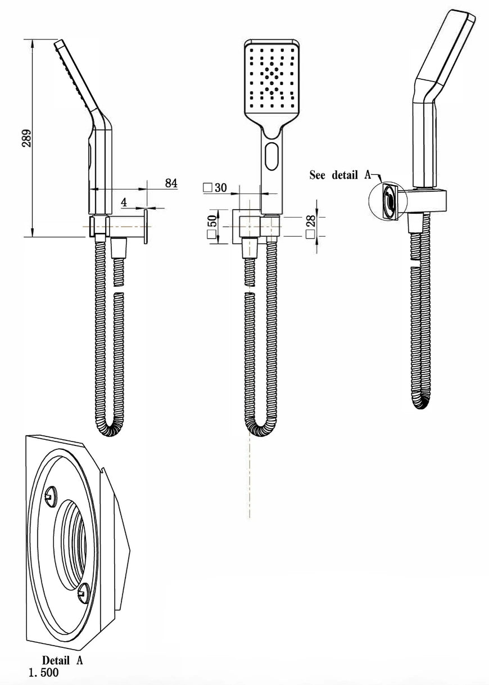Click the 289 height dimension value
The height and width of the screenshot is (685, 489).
click(26, 138)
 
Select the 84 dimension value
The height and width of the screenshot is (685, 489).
click(171, 183)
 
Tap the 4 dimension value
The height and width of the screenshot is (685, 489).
click(123, 201)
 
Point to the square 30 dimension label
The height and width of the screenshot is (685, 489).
click(215, 188)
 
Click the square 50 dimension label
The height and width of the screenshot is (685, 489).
click(212, 227)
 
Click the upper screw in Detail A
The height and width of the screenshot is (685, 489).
click(49, 494)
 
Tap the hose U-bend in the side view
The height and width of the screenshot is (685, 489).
click(107, 429)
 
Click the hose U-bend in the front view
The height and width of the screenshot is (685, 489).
click(260, 429)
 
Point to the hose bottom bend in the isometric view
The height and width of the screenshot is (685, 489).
click(421, 401)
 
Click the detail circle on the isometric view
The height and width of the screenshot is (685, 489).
click(388, 201)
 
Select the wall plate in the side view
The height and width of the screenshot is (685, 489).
click(146, 226)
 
